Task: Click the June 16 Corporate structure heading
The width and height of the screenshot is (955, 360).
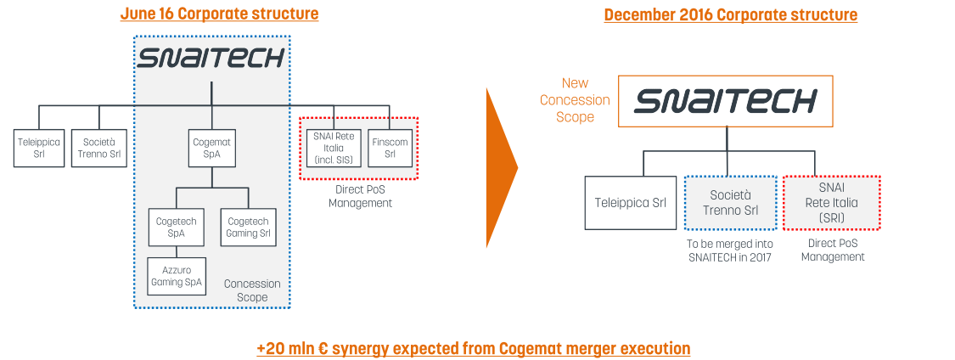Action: pyautogui.click(x=219, y=14)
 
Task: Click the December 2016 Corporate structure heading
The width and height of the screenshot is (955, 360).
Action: pyautogui.click(x=730, y=14)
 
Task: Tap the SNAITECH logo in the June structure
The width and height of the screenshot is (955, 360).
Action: pyautogui.click(x=211, y=59)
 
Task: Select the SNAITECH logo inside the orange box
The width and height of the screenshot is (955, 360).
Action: pyautogui.click(x=725, y=102)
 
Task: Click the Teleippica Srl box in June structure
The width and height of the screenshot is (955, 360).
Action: pyautogui.click(x=39, y=148)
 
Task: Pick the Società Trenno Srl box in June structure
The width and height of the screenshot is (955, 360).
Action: pyautogui.click(x=99, y=148)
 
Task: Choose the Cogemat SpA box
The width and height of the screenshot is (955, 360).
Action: pyautogui.click(x=211, y=148)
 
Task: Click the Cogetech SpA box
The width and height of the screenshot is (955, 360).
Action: pyautogui.click(x=177, y=227)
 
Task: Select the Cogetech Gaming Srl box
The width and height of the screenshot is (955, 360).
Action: pyautogui.click(x=248, y=227)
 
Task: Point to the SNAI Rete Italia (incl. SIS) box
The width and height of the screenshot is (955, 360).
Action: pyautogui.click(x=334, y=148)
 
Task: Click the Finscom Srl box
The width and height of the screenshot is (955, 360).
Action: pyautogui.click(x=390, y=148)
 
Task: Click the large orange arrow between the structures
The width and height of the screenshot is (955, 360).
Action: pyautogui.click(x=501, y=167)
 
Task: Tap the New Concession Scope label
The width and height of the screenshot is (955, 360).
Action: pyautogui.click(x=575, y=100)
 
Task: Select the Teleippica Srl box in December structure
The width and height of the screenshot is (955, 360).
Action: pyautogui.click(x=629, y=202)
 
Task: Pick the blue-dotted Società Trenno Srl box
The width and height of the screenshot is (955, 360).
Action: pyautogui.click(x=730, y=202)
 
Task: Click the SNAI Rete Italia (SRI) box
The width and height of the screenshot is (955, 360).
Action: pyautogui.click(x=832, y=202)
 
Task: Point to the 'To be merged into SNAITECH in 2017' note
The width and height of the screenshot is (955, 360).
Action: pyautogui.click(x=730, y=250)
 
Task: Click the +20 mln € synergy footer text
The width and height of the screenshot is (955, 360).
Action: pyautogui.click(x=473, y=349)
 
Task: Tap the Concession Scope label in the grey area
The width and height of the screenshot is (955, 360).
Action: pyautogui.click(x=252, y=290)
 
